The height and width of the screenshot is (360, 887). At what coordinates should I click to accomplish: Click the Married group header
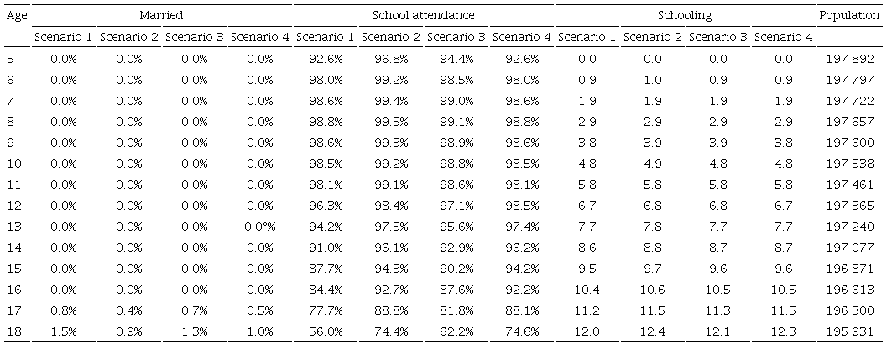pyautogui.click(x=162, y=15)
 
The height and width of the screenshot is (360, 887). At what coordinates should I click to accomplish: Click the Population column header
pyautogui.click(x=848, y=15)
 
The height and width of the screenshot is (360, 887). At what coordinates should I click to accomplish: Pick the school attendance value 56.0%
pyautogui.click(x=326, y=331)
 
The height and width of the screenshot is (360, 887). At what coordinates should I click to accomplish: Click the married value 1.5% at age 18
pyautogui.click(x=64, y=331)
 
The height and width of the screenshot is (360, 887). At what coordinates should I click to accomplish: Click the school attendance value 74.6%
pyautogui.click(x=521, y=331)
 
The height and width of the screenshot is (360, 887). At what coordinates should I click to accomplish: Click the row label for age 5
pyautogui.click(x=10, y=59)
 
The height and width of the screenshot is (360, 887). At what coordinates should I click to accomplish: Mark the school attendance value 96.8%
pyautogui.click(x=390, y=59)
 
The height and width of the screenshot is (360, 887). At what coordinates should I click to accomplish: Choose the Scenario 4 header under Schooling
pyautogui.click(x=783, y=37)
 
